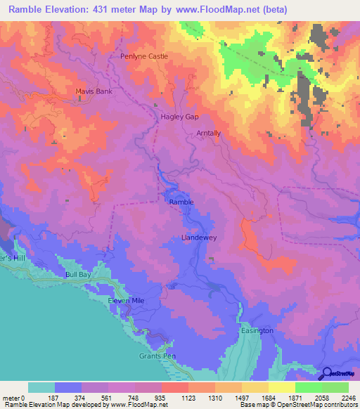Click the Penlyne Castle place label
point(144,56)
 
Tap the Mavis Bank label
point(94,91)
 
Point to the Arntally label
point(209,132)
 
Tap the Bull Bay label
point(78,275)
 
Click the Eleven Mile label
point(125,301)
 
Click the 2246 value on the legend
point(347,398)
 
